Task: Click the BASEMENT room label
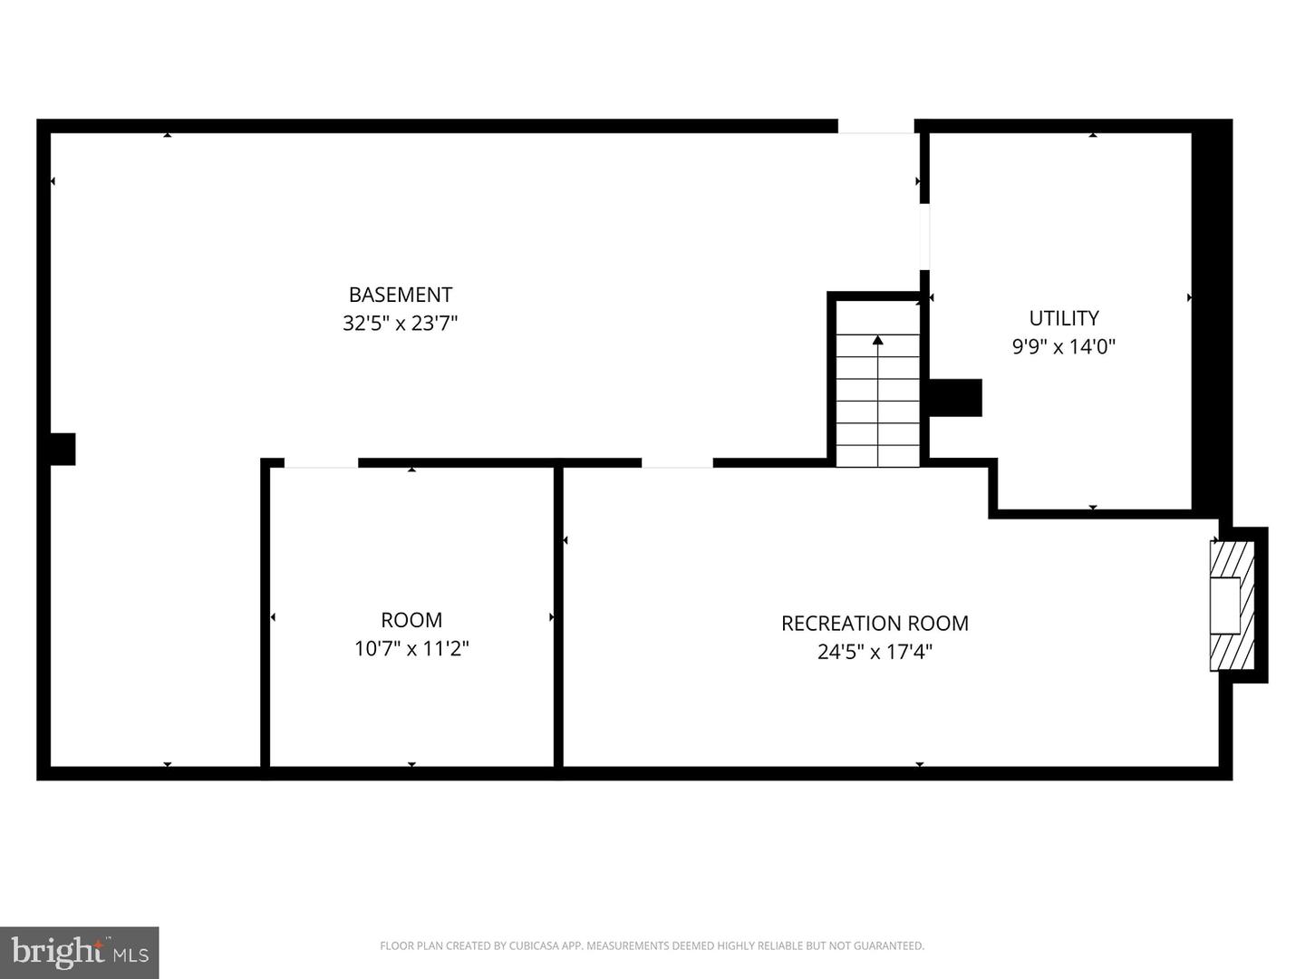coord(400,295)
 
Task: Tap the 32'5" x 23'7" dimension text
coord(400,324)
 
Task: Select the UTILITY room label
coord(1063,318)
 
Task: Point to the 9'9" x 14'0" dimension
coord(1063,346)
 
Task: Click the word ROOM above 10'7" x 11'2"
coord(411,620)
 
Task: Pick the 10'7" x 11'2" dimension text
coord(411,649)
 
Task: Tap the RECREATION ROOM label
coord(875,624)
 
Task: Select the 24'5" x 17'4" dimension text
coord(875,652)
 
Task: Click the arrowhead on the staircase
coord(877,341)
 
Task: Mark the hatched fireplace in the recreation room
coord(1232,606)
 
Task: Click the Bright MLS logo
coord(80,952)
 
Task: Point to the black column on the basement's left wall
coord(62,450)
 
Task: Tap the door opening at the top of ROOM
coord(321,463)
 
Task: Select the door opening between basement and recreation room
coord(677,463)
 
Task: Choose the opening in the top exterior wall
coord(875,126)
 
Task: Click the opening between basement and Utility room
coord(924,237)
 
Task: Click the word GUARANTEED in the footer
coord(888,946)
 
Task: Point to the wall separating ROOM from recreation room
coord(558,616)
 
